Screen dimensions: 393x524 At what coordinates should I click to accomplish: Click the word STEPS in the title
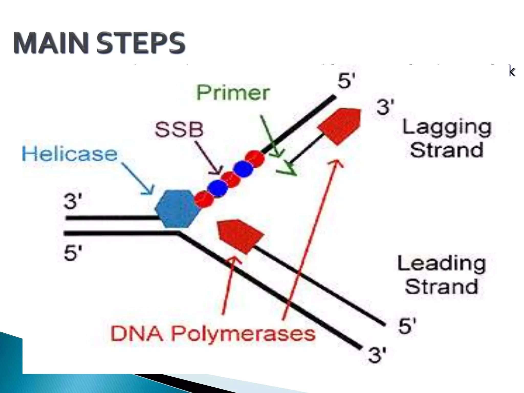[x=140, y=43]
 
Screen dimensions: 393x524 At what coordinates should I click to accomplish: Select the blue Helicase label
[x=70, y=154]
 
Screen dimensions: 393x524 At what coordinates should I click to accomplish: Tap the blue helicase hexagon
[x=177, y=209]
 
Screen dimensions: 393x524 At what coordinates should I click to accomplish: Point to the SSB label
[x=179, y=129]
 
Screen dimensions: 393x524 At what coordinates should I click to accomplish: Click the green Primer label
[x=233, y=93]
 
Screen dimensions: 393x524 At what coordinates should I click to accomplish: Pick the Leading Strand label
[x=442, y=275]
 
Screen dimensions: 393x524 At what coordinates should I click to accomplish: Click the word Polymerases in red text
[x=243, y=334]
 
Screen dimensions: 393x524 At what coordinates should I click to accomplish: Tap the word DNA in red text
[x=137, y=334]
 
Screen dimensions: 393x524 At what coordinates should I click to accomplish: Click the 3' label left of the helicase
[x=73, y=201]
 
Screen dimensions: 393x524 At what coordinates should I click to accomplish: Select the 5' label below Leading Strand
[x=407, y=326]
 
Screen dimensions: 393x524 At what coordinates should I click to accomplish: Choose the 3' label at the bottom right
[x=377, y=355]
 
